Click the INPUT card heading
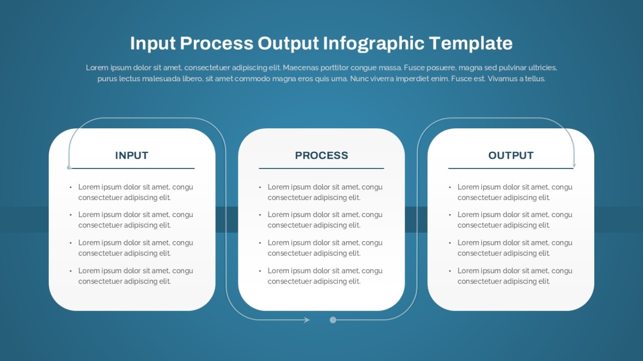tap(132, 155)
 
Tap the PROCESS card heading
tap(322, 155)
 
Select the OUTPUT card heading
tap(511, 155)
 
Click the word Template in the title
tap(471, 43)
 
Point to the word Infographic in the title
tap(373, 43)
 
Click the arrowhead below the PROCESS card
tap(306, 320)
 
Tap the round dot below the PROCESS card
tap(333, 320)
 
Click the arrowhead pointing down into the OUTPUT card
tap(574, 165)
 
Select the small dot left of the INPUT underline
tap(69, 167)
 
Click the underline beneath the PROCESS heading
tap(322, 168)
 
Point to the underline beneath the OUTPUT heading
tap(511, 168)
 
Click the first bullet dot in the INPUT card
tap(71, 187)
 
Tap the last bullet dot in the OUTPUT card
tap(450, 271)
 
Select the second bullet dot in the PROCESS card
tap(260, 215)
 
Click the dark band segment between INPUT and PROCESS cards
tap(227, 219)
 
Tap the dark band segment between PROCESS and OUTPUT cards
tap(416, 219)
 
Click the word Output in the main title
tap(288, 43)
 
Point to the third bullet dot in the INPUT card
tap(71, 243)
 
